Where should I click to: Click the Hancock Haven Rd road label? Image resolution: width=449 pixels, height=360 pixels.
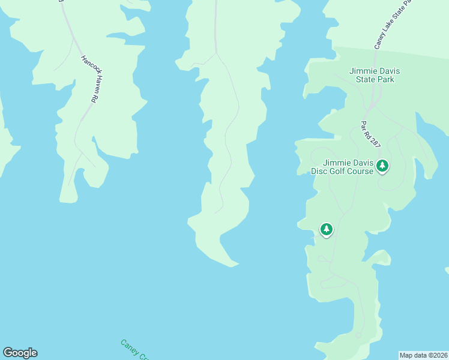click(x=89, y=79)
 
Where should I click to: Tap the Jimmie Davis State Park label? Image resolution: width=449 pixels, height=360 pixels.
click(x=375, y=75)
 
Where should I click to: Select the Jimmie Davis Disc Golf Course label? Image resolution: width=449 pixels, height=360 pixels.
click(x=342, y=167)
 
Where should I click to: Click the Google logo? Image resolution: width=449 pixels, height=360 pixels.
click(x=20, y=353)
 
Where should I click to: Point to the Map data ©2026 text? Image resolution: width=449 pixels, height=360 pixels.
click(x=424, y=355)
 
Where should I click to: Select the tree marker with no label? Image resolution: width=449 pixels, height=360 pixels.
click(x=327, y=230)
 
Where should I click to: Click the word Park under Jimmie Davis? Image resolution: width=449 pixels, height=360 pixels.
click(x=384, y=79)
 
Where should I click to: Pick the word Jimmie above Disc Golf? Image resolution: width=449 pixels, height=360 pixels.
click(x=337, y=163)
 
